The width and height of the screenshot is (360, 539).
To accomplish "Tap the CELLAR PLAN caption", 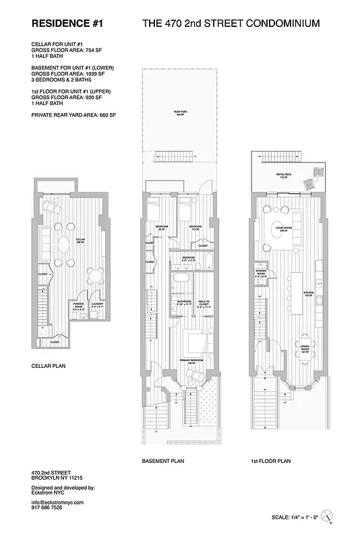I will (49, 368).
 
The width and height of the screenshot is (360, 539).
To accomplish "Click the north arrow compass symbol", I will (328, 515).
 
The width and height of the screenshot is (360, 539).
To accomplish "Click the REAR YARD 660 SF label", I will (180, 113).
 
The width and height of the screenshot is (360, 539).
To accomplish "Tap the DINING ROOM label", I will (304, 350).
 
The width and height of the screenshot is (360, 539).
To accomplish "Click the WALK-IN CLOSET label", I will (203, 304).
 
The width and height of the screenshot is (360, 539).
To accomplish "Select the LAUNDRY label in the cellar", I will (96, 305).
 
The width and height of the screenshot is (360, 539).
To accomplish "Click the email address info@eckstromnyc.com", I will (57, 503).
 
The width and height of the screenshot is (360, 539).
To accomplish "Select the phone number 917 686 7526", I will (47, 509).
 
